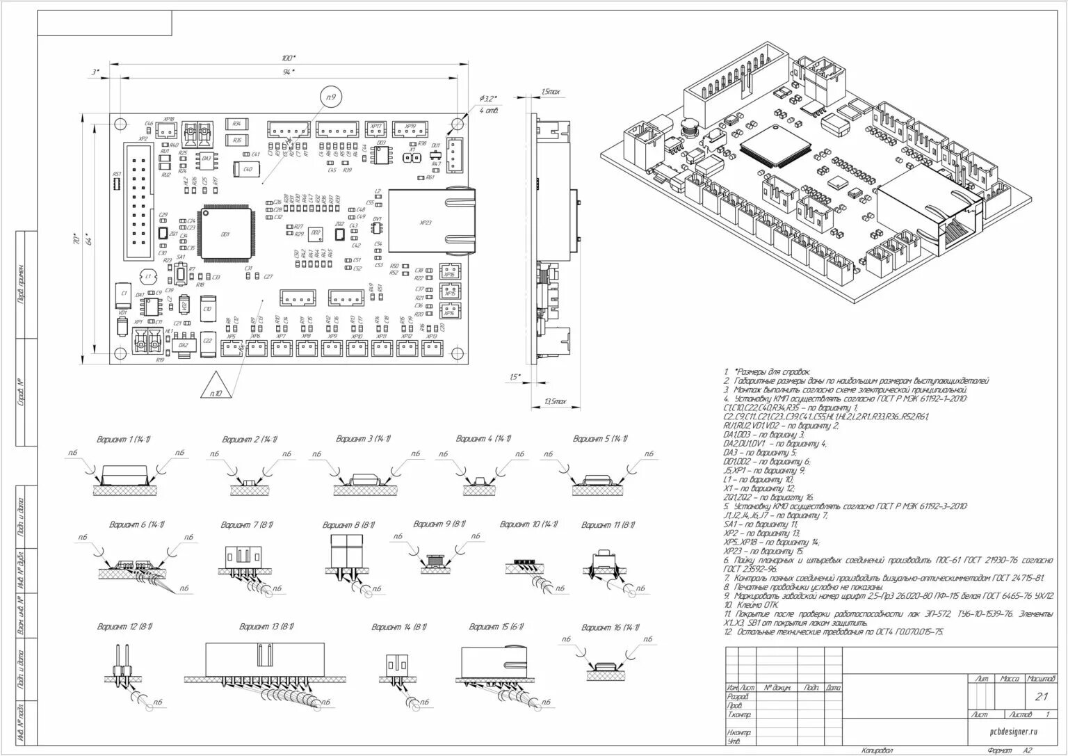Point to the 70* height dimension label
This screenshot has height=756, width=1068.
point(75,238)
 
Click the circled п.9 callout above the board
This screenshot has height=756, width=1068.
point(331,98)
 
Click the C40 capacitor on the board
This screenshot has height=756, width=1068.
point(246,169)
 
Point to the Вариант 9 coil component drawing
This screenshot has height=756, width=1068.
point(436,561)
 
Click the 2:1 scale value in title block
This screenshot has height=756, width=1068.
point(1042,697)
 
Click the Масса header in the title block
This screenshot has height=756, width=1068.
point(1009,678)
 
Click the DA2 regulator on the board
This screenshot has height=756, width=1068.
point(184,345)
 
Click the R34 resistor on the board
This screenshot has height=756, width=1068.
point(238,124)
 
